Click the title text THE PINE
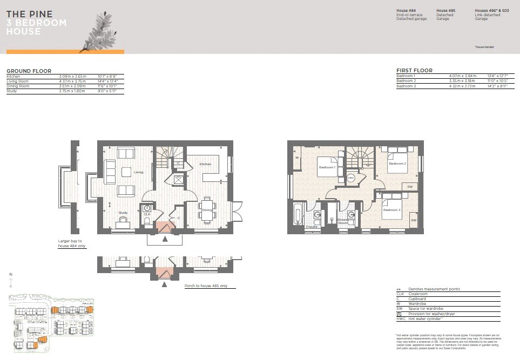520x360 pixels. [29, 14]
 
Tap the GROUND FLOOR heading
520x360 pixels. [29, 71]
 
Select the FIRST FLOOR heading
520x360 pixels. [414, 71]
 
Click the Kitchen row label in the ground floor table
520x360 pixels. [13, 77]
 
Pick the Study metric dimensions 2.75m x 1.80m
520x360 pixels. [72, 91]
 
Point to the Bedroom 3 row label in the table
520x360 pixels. [407, 86]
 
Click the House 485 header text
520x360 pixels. [446, 11]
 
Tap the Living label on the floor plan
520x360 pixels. [139, 173]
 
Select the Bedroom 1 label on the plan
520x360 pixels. [327, 168]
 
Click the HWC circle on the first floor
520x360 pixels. [350, 177]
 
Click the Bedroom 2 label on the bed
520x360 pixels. [397, 163]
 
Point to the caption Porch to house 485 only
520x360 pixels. [206, 286]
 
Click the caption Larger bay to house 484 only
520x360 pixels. [72, 243]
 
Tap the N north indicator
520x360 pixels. [11, 275]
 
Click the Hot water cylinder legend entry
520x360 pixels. [427, 318]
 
